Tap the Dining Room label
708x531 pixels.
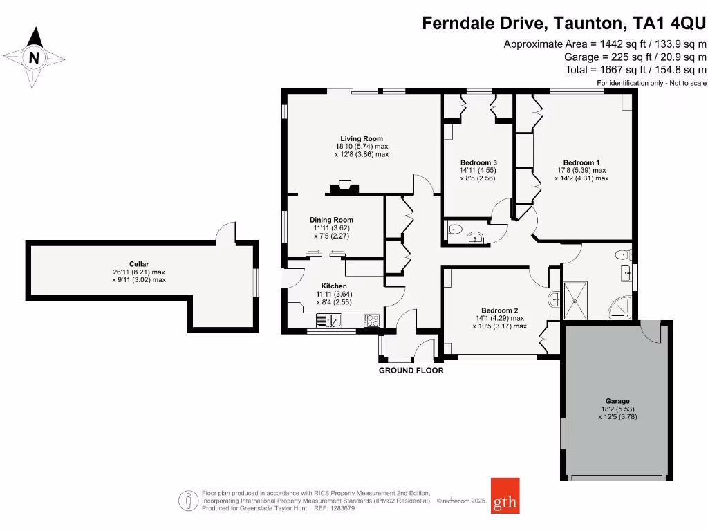333,220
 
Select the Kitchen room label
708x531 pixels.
333,286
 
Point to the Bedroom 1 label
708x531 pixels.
581,162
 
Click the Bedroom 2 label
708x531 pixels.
499,310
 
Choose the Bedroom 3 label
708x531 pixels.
478,162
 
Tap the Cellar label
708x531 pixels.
139,263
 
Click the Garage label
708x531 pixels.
617,401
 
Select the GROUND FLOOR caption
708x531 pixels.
411,371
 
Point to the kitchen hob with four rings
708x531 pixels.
372,320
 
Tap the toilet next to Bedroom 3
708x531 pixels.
455,231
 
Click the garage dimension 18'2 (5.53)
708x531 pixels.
617,409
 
